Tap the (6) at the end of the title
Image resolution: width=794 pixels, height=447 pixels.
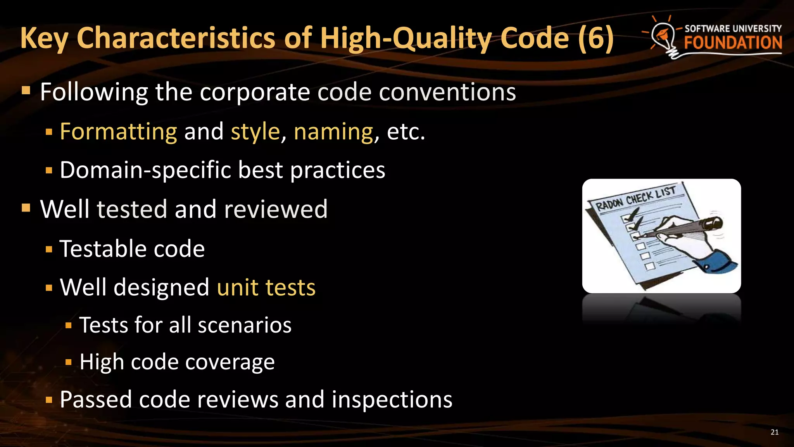pos(595,38)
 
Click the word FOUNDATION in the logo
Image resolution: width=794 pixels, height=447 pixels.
pos(733,43)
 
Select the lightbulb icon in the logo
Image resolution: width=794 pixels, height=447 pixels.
pos(664,37)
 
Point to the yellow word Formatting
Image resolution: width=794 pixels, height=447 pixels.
pos(118,132)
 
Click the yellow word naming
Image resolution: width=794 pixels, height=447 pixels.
pos(333,132)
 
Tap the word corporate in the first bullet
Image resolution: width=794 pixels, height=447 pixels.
pos(255,92)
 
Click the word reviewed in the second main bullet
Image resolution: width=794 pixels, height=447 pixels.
pos(276,209)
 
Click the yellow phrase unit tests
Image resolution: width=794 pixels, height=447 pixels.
pos(266,288)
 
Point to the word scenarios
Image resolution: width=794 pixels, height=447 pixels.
pos(244,325)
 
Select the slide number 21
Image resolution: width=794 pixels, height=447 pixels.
pos(774,432)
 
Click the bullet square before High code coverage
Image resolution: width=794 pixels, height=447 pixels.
pos(69,362)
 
